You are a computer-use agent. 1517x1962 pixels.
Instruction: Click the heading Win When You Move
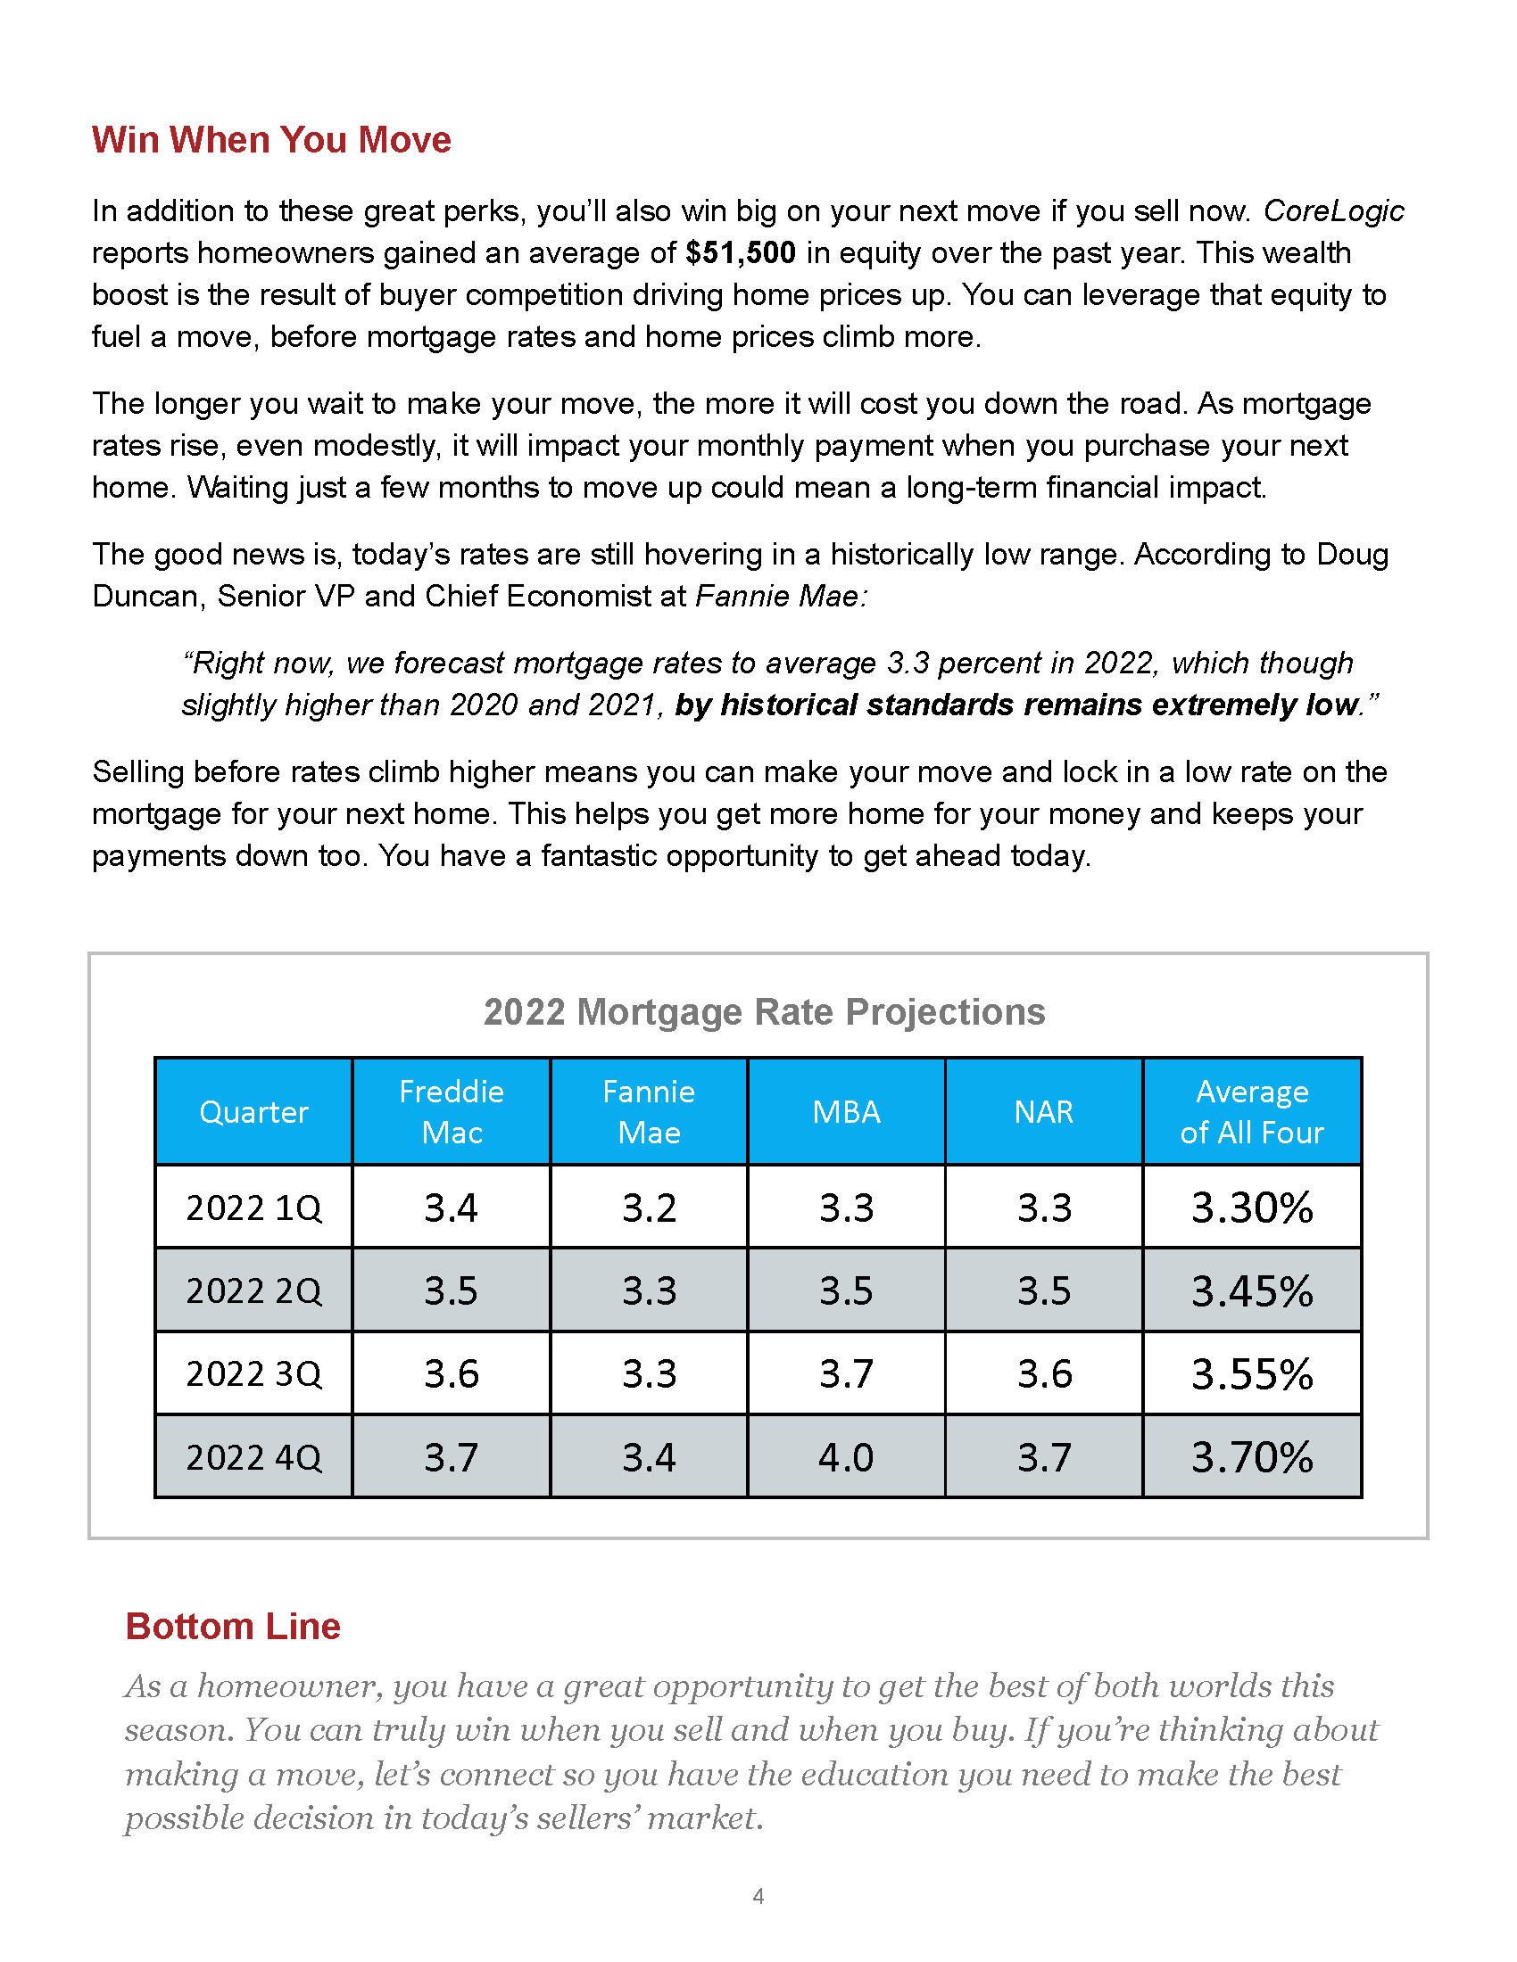[x=271, y=140]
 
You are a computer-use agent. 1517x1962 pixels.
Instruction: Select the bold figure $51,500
[x=740, y=253]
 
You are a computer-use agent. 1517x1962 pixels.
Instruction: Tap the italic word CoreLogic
[x=1333, y=211]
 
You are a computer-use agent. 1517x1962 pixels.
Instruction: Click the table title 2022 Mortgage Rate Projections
[x=764, y=1011]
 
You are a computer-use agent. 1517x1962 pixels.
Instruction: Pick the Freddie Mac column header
[x=452, y=1112]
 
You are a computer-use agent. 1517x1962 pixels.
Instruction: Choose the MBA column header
[x=846, y=1112]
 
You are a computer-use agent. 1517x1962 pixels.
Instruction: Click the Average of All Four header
[x=1252, y=1112]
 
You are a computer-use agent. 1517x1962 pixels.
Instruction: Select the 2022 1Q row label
[x=253, y=1208]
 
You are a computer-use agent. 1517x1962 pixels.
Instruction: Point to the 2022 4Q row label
[x=253, y=1458]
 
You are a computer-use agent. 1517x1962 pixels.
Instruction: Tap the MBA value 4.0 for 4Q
[x=846, y=1458]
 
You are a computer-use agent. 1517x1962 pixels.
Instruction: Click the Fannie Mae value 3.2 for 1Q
[x=649, y=1208]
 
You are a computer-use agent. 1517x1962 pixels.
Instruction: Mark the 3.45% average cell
[x=1252, y=1292]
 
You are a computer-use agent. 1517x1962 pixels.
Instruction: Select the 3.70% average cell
[x=1252, y=1458]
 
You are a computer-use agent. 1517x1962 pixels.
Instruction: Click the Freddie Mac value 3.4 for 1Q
[x=452, y=1208]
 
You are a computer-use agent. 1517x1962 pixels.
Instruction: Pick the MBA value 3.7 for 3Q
[x=846, y=1374]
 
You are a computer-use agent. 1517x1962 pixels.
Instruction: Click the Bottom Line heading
[x=233, y=1627]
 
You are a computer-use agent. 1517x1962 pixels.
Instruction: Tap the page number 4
[x=758, y=1896]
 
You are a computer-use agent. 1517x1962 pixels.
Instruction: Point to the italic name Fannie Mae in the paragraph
[x=778, y=597]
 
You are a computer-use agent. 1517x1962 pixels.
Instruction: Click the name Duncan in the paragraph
[x=147, y=597]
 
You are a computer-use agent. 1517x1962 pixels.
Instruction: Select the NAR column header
[x=1043, y=1112]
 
